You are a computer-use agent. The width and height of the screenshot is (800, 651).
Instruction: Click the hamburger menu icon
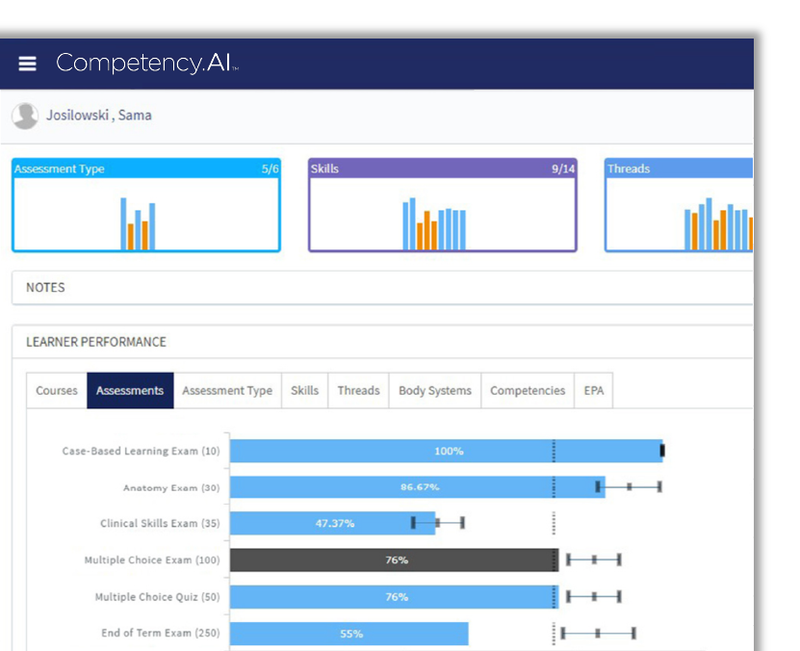[27, 64]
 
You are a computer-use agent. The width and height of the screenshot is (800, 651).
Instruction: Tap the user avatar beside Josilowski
[25, 116]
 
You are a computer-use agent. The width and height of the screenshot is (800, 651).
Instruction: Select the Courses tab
[57, 391]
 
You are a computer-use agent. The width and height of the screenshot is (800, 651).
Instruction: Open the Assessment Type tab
[227, 391]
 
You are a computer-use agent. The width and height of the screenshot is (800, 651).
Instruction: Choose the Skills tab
[304, 391]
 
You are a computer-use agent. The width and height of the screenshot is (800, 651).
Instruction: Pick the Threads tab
[358, 391]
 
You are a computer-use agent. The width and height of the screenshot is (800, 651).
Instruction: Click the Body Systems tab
[435, 391]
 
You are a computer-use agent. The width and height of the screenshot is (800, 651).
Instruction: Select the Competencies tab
[528, 391]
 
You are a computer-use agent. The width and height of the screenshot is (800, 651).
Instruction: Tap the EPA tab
[594, 391]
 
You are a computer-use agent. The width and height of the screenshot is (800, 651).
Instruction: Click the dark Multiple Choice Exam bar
[394, 560]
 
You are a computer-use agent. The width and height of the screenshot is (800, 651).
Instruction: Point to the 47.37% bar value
[335, 524]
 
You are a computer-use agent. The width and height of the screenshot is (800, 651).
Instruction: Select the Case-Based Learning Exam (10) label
[141, 452]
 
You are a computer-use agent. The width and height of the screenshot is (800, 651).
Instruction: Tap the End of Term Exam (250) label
[160, 634]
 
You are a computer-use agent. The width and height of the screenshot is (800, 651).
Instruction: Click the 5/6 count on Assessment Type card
[269, 169]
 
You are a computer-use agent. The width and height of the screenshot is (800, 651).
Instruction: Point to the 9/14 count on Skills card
[563, 169]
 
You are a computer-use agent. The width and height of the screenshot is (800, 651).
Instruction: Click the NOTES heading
[45, 288]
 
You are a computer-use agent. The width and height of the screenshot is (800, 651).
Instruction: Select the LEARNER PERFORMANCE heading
[95, 342]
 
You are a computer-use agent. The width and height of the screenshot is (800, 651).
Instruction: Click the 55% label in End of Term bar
[350, 635]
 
